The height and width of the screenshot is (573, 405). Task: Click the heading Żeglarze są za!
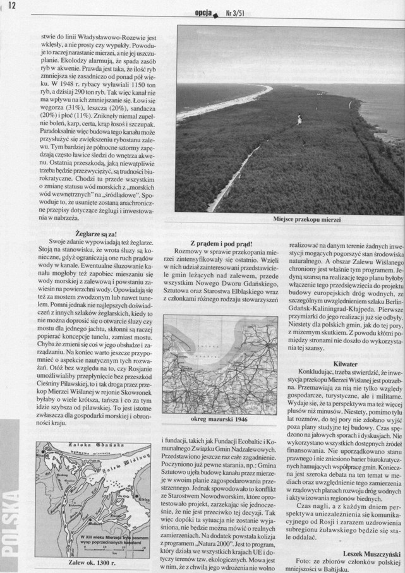88,233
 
